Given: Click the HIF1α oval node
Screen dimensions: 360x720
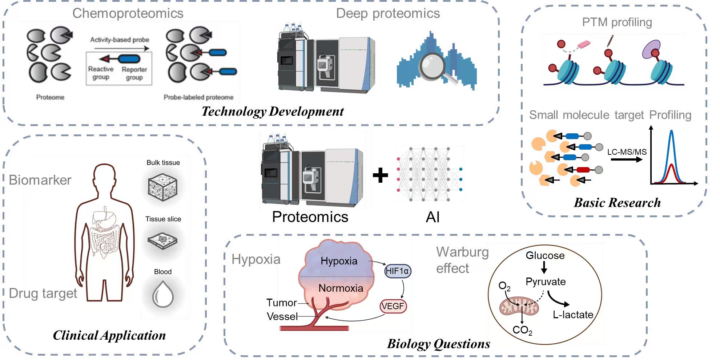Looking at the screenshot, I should pos(398,271).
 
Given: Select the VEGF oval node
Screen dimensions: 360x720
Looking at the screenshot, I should pos(393,306).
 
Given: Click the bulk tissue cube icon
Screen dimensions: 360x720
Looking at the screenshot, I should pos(162,187).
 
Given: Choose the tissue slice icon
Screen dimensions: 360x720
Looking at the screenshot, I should pos(162,240).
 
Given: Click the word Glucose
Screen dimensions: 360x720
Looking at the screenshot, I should pos(545,256).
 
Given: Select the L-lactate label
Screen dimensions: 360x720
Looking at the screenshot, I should pos(573,315).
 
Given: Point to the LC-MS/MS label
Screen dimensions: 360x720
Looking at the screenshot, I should pos(627,152).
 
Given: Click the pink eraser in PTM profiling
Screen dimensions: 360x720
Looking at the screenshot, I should pos(583,44).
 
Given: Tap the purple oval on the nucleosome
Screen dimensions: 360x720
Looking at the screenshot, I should pos(651,49).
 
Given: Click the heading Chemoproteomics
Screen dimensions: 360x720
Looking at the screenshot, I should pos(128,13).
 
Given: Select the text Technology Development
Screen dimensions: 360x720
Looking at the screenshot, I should pos(273,112).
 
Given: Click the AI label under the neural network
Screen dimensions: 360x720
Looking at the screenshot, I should pos(433,217).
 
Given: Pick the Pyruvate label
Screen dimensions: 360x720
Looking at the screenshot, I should pos(546,282).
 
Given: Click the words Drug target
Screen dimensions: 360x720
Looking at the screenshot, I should pos(43,293).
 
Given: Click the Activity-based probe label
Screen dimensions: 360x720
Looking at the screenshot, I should pos(120,40).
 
